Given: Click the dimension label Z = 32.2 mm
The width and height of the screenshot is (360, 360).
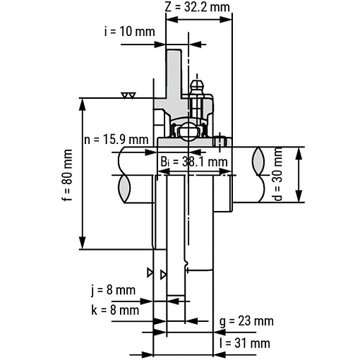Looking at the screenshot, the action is click(x=197, y=7).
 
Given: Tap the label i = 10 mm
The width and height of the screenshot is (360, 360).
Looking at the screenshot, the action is click(x=130, y=32).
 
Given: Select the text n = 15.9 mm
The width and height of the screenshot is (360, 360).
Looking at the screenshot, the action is click(x=116, y=140).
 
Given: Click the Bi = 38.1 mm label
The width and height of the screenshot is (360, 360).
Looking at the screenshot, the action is click(x=194, y=162).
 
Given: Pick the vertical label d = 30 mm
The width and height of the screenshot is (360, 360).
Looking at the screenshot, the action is click(x=278, y=174).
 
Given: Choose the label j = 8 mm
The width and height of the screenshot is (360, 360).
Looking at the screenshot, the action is click(x=114, y=290).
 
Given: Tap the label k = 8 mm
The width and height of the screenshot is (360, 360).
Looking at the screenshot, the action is click(x=115, y=310).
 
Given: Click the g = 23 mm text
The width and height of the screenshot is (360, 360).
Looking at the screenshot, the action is click(x=246, y=321).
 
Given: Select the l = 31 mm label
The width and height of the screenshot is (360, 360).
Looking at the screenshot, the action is click(x=245, y=343).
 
